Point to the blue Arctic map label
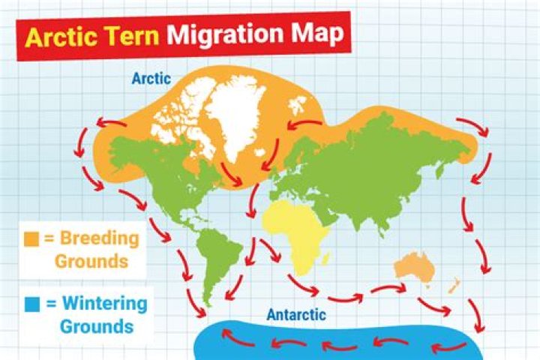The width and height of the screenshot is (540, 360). click(x=153, y=78)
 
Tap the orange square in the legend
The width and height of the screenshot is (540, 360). click(x=31, y=240)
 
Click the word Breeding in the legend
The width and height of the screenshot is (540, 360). click(x=100, y=240)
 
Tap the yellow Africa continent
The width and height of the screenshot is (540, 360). click(x=297, y=225)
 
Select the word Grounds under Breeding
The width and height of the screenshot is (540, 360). click(x=90, y=262)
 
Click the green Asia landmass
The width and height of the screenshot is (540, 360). click(x=390, y=165)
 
